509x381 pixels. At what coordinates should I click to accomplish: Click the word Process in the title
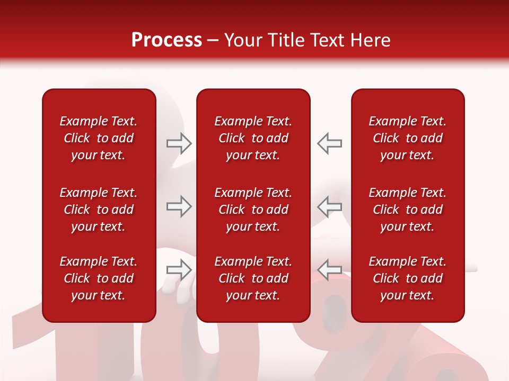coord(166,40)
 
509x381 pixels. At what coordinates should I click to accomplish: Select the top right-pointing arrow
coord(179,143)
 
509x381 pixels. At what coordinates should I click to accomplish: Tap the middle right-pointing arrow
coord(179,206)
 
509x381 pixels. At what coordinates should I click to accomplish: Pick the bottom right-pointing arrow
coord(179,270)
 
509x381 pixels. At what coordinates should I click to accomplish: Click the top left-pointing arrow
coord(329,143)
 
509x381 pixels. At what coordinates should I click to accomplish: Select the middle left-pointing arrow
coord(329,206)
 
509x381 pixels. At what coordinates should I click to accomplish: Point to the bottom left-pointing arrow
coord(329,270)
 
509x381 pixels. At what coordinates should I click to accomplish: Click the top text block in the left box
coord(99,138)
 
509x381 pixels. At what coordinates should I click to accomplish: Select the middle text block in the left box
coord(99,210)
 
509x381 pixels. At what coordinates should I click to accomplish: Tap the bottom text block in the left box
coord(99,278)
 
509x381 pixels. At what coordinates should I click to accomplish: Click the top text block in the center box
coord(253,138)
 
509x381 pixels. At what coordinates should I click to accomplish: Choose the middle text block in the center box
coord(253,210)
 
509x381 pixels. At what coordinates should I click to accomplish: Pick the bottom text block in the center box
coord(253,278)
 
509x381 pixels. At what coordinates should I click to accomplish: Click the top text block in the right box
coord(407,138)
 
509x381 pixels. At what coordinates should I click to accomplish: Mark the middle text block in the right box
coord(407,210)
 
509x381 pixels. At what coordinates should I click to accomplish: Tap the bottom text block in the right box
coord(407,278)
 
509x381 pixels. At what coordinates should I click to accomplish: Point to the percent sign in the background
coord(403,344)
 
